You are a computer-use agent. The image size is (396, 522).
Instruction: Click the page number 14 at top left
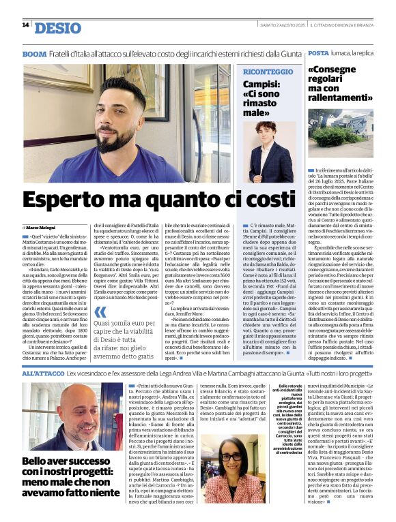[x=25, y=25]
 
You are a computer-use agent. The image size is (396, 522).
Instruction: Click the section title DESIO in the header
[x=57, y=28]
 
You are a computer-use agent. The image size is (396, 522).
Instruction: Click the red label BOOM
[x=34, y=53]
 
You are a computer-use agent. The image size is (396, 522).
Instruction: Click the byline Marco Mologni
[x=42, y=226]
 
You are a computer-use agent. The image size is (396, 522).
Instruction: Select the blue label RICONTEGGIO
[x=268, y=72]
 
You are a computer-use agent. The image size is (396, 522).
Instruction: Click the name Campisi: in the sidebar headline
[x=262, y=85]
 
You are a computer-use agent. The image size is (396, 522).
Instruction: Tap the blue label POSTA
[x=318, y=53]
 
